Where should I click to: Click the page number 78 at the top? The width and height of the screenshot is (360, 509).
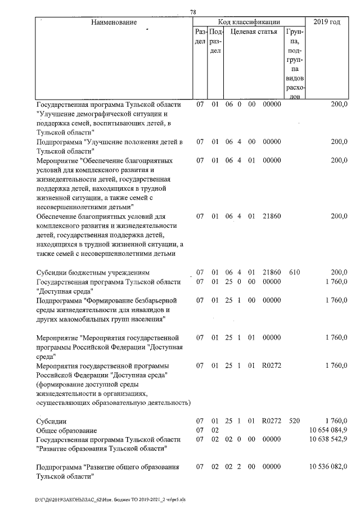pyautogui.click(x=193, y=12)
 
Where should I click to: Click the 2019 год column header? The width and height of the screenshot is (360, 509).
pyautogui.click(x=326, y=22)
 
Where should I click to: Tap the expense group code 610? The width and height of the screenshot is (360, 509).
pyautogui.click(x=294, y=273)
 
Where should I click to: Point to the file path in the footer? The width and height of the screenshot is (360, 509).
pyautogui.click(x=98, y=499)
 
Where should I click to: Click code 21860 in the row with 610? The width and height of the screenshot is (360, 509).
pyautogui.click(x=272, y=273)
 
